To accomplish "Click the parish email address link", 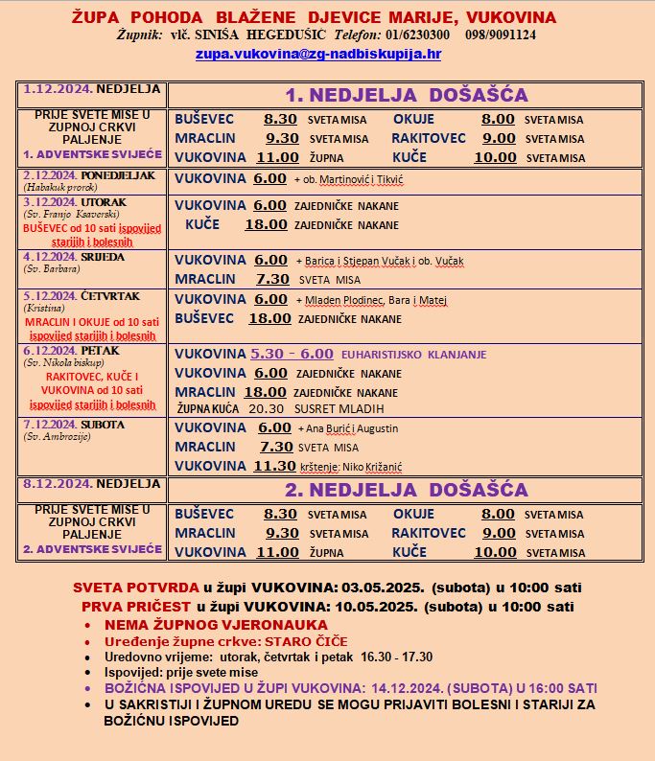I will point(317,55).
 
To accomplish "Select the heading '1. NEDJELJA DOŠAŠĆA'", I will point(407,95).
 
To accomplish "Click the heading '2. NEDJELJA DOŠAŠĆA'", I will point(407,490).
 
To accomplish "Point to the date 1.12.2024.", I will point(53,89).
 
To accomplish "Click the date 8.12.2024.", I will point(53,484).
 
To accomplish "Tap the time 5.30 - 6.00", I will point(292,354).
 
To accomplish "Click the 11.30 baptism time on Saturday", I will point(273,466).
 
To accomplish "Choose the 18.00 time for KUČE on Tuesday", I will point(266,224).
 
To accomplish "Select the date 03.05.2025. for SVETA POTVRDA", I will point(416,587).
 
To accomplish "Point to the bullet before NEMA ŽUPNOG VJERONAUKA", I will point(113,625).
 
